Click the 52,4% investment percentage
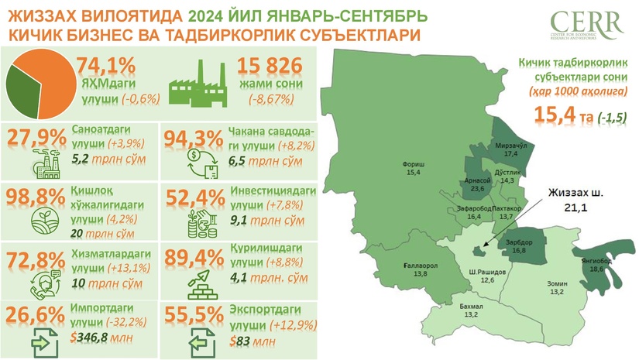point(194,197)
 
